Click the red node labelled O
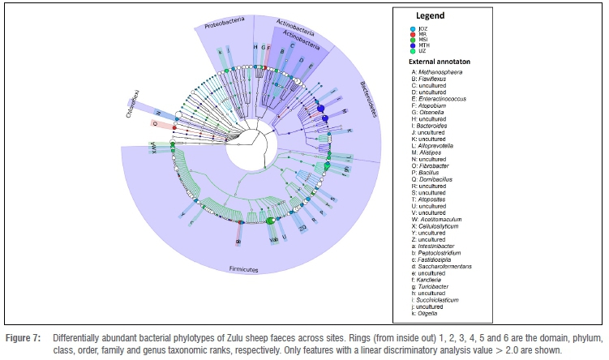(x=174, y=126)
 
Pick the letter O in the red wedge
(x=155, y=124)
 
